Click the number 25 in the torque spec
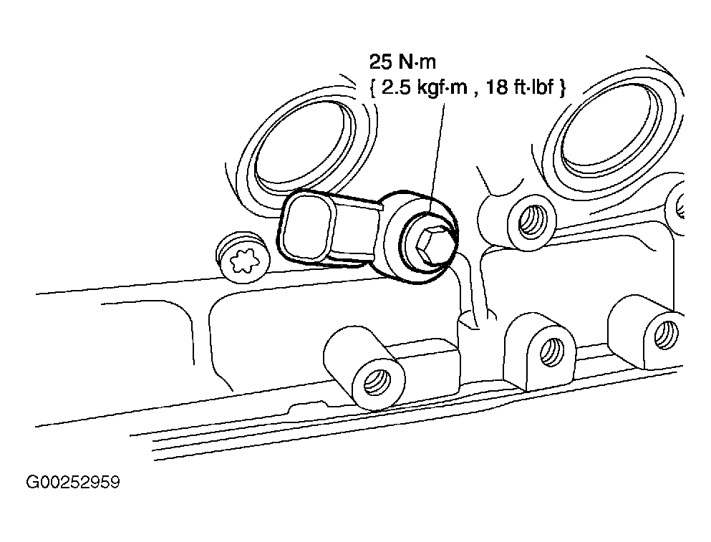(380, 62)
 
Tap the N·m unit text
(417, 62)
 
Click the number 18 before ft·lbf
(497, 87)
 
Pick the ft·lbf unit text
(533, 87)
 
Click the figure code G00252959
(73, 482)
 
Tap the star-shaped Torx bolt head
(244, 261)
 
